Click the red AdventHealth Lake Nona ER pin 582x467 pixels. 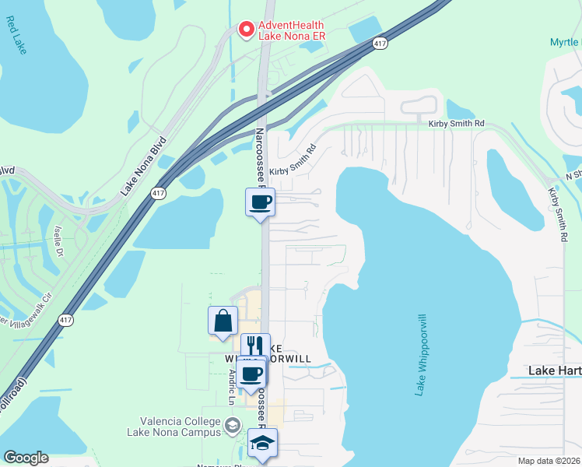pyautogui.click(x=246, y=30)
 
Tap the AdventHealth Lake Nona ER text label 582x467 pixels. pyautogui.click(x=291, y=30)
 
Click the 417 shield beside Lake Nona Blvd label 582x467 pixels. pyautogui.click(x=159, y=192)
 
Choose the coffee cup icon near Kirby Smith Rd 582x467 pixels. pyautogui.click(x=261, y=203)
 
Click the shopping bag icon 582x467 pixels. pyautogui.click(x=223, y=321)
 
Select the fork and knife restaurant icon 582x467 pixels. pyautogui.click(x=255, y=347)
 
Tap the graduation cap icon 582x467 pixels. pyautogui.click(x=263, y=443)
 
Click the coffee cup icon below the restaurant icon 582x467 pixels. pyautogui.click(x=251, y=373)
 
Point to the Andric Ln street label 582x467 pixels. pyautogui.click(x=232, y=386)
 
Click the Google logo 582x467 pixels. pyautogui.click(x=26, y=458)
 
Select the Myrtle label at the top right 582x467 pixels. pyautogui.click(x=565, y=42)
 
